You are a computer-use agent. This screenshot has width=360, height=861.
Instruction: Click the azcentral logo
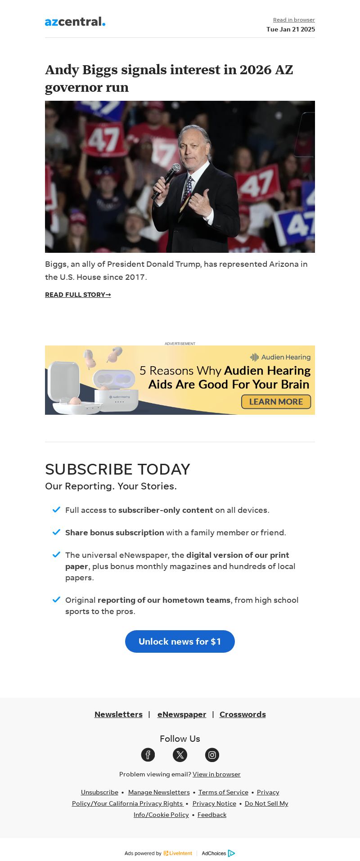75,22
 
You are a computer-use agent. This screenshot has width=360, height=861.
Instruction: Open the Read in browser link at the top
294,20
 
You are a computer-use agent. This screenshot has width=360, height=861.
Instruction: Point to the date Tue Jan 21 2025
290,29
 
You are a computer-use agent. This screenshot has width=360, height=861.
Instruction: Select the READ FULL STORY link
78,295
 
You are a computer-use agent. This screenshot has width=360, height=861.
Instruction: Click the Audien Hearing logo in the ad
280,357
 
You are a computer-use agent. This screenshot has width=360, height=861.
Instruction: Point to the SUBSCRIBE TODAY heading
117,469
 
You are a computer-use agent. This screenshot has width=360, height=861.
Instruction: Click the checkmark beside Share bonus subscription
56,532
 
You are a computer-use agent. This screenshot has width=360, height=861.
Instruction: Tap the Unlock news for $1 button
180,641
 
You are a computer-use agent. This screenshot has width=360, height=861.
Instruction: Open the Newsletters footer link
118,714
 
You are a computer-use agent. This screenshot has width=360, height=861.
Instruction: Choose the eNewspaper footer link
182,714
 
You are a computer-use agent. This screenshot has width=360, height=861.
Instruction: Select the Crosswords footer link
243,714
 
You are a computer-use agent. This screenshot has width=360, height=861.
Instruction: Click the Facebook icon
148,755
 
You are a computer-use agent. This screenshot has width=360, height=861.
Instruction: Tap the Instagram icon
212,755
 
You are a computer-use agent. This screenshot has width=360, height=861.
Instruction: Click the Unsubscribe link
99,792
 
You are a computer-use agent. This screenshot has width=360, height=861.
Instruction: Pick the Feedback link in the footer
212,815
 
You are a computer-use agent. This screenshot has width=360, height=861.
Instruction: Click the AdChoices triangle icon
231,853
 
